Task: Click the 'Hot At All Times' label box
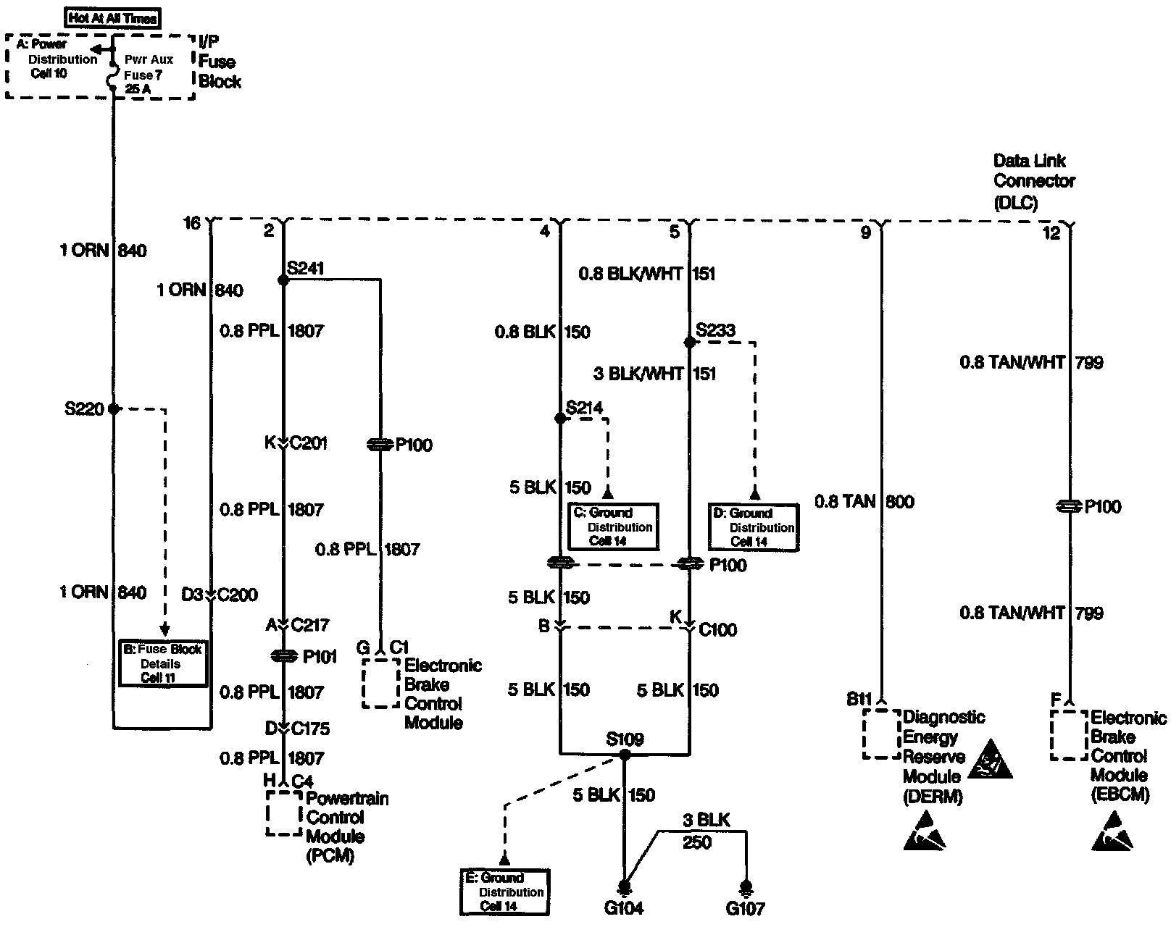click(112, 18)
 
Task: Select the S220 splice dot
click(114, 409)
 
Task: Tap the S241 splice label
click(305, 269)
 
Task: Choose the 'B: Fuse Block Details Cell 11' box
click(163, 663)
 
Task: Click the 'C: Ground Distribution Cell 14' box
click(613, 527)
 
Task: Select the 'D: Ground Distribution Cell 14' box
click(754, 527)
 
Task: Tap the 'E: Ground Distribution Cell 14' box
click(504, 892)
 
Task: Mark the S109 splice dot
click(624, 755)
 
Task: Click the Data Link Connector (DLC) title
click(1033, 181)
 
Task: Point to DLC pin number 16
click(191, 223)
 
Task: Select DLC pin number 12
click(1051, 232)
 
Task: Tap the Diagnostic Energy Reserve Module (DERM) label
click(943, 757)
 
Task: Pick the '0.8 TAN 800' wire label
click(864, 501)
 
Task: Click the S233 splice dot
click(689, 342)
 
